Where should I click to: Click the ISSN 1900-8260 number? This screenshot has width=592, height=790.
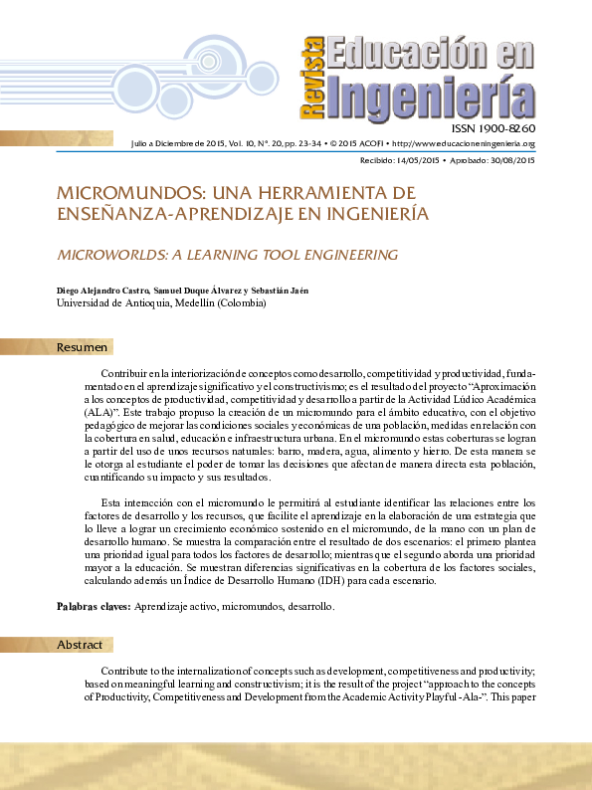pos(493,129)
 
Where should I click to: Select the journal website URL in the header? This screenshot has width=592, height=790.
pos(468,144)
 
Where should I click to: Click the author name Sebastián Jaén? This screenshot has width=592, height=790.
pos(280,290)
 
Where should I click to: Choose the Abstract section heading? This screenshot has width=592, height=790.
pos(80,645)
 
